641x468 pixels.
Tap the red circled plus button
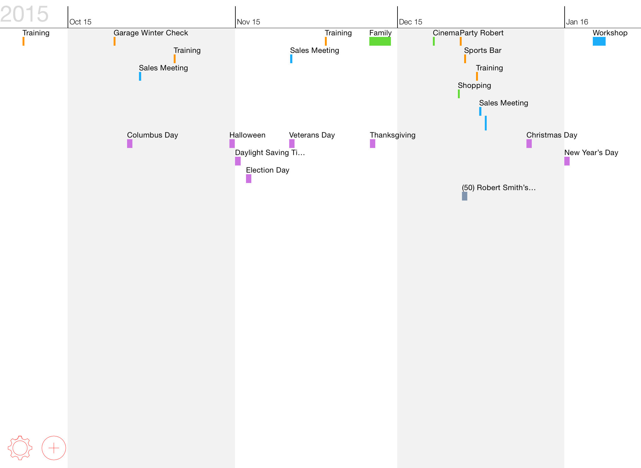tap(54, 448)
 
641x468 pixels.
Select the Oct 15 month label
tap(80, 22)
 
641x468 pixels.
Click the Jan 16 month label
tap(577, 22)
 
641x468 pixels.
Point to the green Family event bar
tap(380, 41)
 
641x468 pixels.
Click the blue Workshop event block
tap(599, 41)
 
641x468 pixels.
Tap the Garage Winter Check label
tap(151, 33)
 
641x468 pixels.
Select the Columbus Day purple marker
tap(130, 144)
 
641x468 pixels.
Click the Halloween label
tap(247, 135)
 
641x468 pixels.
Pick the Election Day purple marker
tap(249, 179)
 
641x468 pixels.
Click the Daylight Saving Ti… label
tap(270, 153)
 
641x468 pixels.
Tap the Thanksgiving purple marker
tap(372, 144)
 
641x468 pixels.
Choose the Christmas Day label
tap(552, 135)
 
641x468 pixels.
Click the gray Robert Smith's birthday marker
tap(464, 196)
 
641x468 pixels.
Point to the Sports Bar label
tap(483, 50)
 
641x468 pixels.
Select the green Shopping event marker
tap(459, 94)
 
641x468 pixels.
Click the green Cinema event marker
tap(434, 41)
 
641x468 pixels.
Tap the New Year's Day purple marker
tap(567, 161)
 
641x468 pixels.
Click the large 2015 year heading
tap(24, 14)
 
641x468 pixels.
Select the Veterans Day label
tap(312, 135)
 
